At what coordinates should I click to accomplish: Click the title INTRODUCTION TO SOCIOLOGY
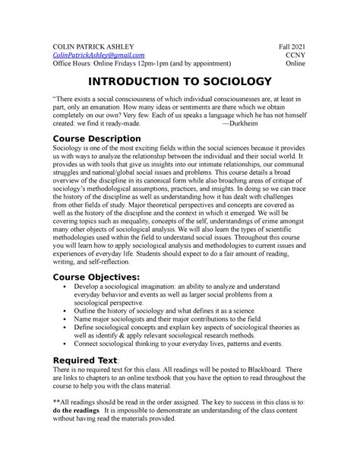pos(180,82)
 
